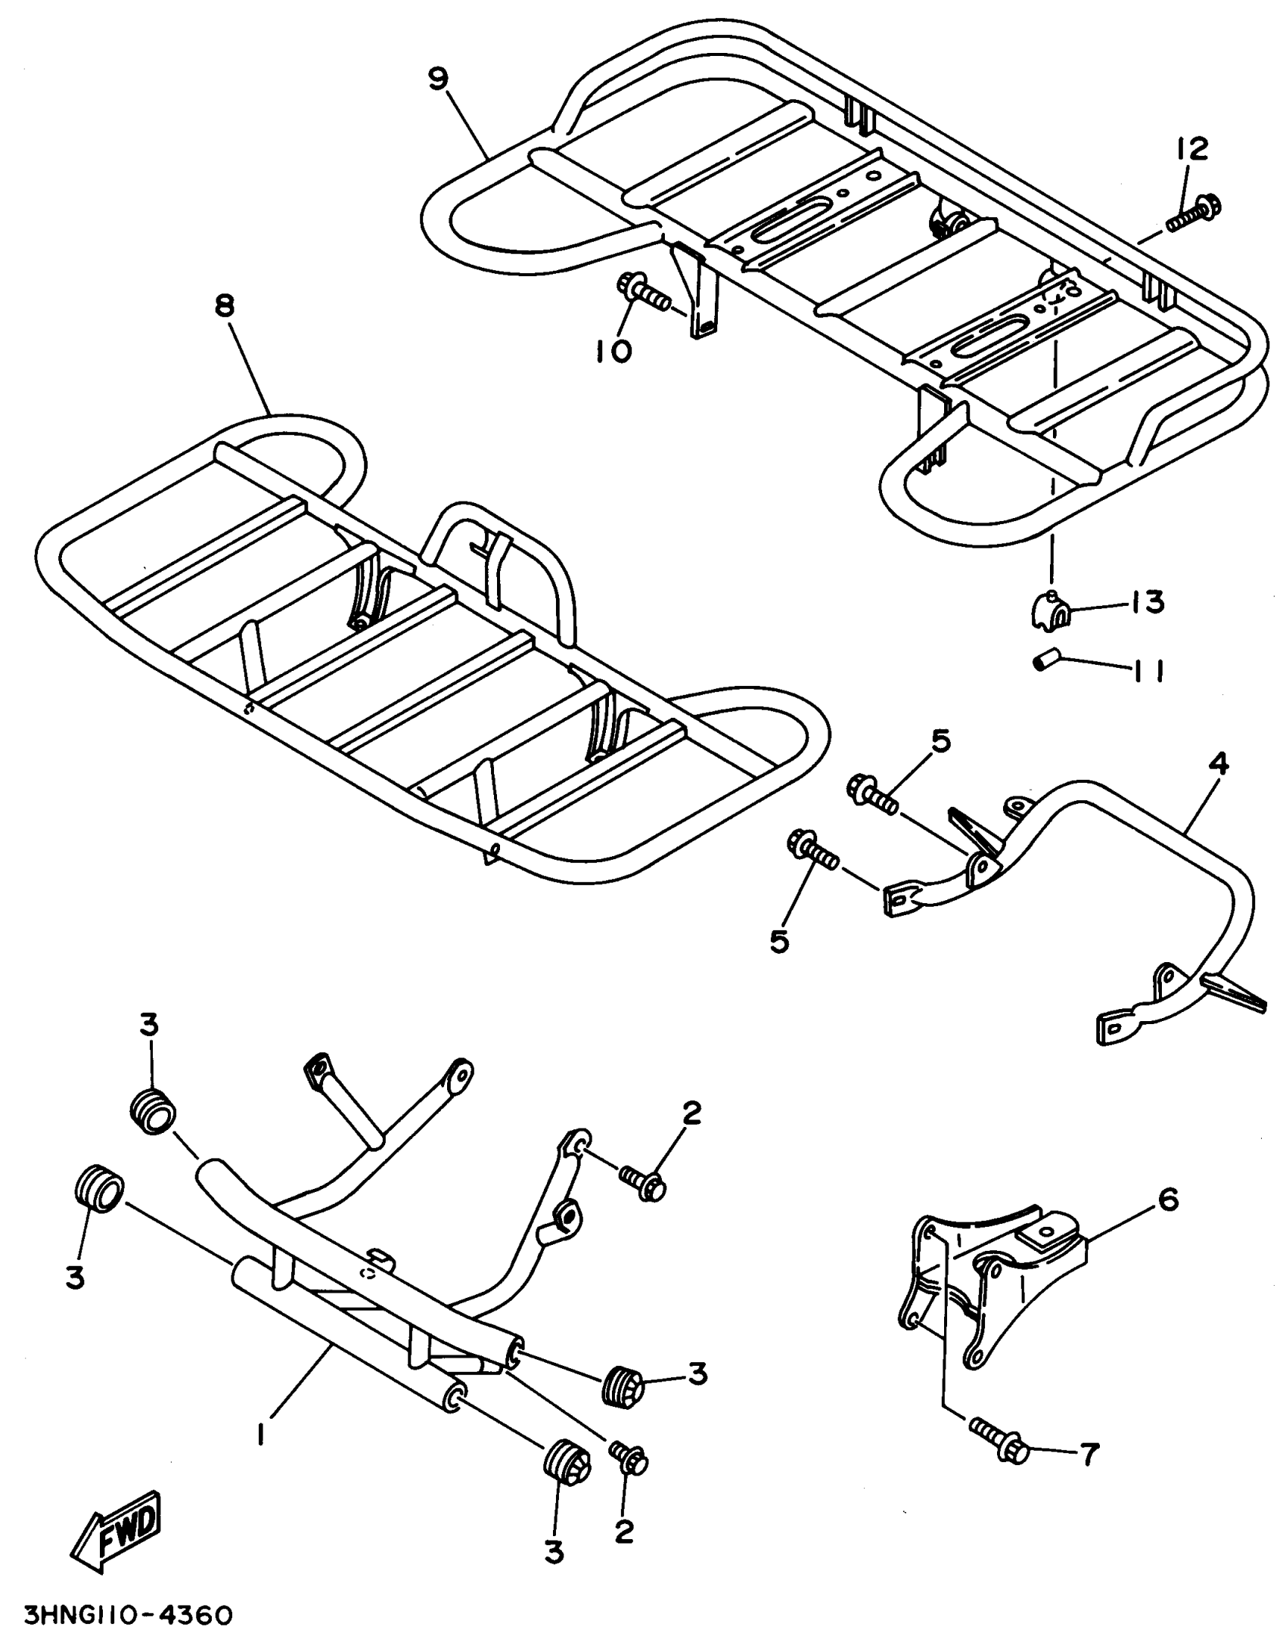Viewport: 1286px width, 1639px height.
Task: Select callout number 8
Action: pyautogui.click(x=225, y=306)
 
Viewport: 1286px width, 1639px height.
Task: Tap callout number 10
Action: pyautogui.click(x=614, y=350)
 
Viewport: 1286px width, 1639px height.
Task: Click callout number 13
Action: pyautogui.click(x=1148, y=604)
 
